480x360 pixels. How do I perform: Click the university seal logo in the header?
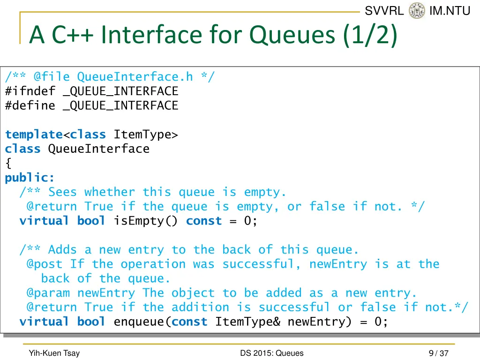pos(416,10)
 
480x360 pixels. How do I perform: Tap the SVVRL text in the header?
pos(383,10)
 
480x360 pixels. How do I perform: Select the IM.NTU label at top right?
pos(450,10)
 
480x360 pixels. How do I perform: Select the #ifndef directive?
pos(30,91)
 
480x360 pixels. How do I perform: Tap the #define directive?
pos(30,105)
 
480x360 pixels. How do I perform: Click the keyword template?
pos(34,135)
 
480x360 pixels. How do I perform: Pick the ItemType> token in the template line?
pos(146,135)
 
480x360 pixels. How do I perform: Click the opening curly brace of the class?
pos(8,164)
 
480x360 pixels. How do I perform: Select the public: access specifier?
pos(30,178)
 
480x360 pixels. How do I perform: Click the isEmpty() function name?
pos(146,221)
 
